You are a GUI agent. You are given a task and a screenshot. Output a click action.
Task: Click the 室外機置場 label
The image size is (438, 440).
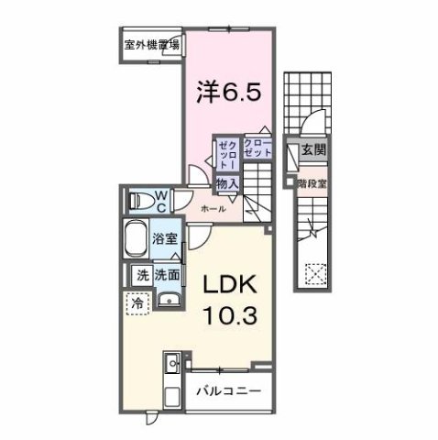point(150,43)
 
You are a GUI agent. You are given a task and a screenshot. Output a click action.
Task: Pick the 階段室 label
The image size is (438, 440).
point(312,181)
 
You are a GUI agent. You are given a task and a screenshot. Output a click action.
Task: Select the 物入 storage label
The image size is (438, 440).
point(226,183)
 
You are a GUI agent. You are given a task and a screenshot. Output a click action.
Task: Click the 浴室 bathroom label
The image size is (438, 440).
point(165,237)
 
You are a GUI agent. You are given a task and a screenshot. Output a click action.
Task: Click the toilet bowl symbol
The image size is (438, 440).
point(137,199)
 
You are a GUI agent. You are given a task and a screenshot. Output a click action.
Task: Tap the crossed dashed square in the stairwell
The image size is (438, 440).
point(315,274)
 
